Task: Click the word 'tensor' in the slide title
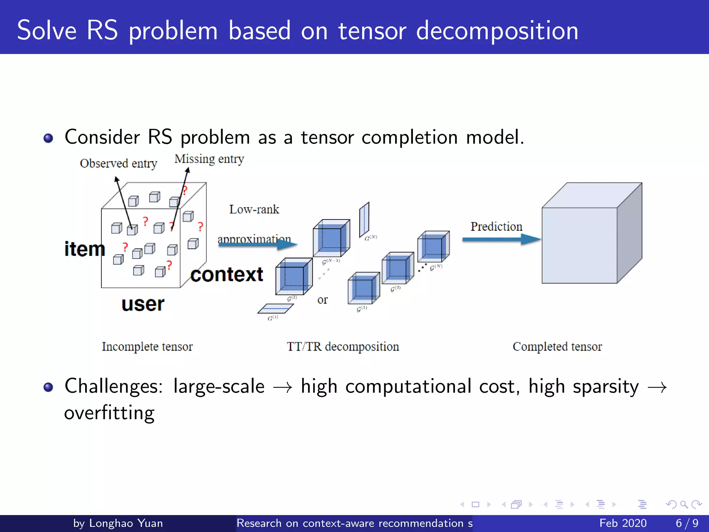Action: pyautogui.click(x=372, y=31)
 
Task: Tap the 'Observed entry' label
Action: pyautogui.click(x=118, y=163)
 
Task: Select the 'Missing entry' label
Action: pyautogui.click(x=209, y=159)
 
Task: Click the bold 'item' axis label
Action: pyautogui.click(x=84, y=249)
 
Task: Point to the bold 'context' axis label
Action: pyautogui.click(x=227, y=275)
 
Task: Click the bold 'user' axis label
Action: pyautogui.click(x=143, y=304)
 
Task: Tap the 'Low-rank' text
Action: pyautogui.click(x=254, y=209)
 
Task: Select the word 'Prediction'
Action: pyautogui.click(x=496, y=227)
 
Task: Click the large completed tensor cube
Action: pyautogui.click(x=585, y=239)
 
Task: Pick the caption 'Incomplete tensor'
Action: pyautogui.click(x=147, y=346)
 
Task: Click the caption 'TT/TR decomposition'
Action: pyautogui.click(x=343, y=346)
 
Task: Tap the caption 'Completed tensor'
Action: pyautogui.click(x=557, y=346)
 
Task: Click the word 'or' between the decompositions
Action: pyautogui.click(x=322, y=300)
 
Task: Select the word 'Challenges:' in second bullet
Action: pyautogui.click(x=114, y=386)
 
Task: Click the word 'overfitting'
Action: pyautogui.click(x=109, y=413)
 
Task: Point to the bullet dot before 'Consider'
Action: pyautogui.click(x=48, y=138)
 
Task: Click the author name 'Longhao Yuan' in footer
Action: pyautogui.click(x=126, y=523)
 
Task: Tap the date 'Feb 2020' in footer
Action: pyautogui.click(x=623, y=523)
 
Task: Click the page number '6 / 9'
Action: pyautogui.click(x=687, y=523)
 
